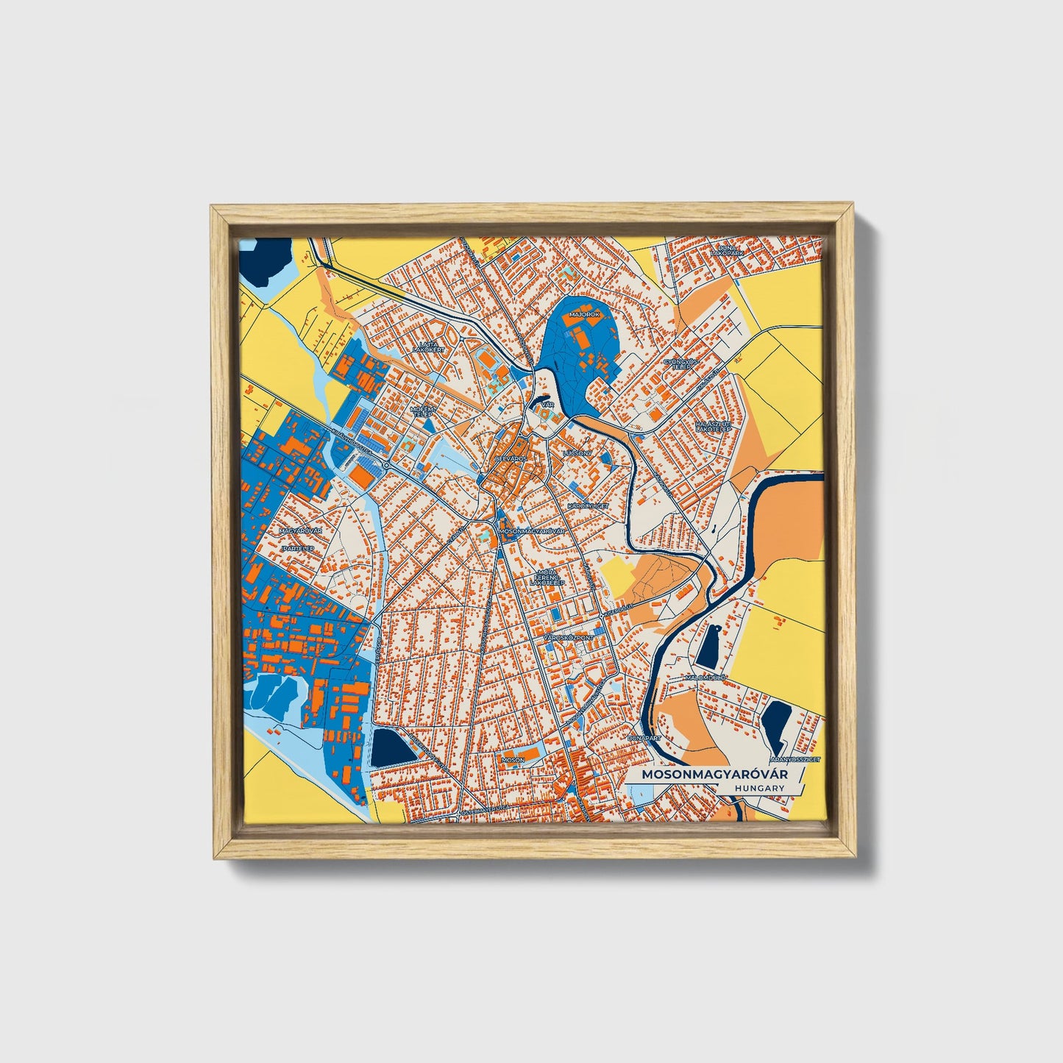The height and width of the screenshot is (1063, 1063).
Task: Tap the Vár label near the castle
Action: [x=547, y=405]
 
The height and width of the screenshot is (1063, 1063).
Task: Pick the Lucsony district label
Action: [x=576, y=453]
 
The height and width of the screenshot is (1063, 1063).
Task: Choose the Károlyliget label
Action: [x=587, y=507]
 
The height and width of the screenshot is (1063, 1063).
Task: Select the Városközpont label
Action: [x=569, y=636]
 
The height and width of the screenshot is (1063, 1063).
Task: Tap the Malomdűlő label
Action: [x=705, y=677]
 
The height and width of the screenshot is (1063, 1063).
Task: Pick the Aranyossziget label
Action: [x=794, y=758]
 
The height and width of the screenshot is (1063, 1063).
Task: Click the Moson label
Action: [x=512, y=758]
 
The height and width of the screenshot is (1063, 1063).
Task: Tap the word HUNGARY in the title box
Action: [x=758, y=787]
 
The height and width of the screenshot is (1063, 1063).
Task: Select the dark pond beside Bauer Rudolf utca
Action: [x=392, y=748]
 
